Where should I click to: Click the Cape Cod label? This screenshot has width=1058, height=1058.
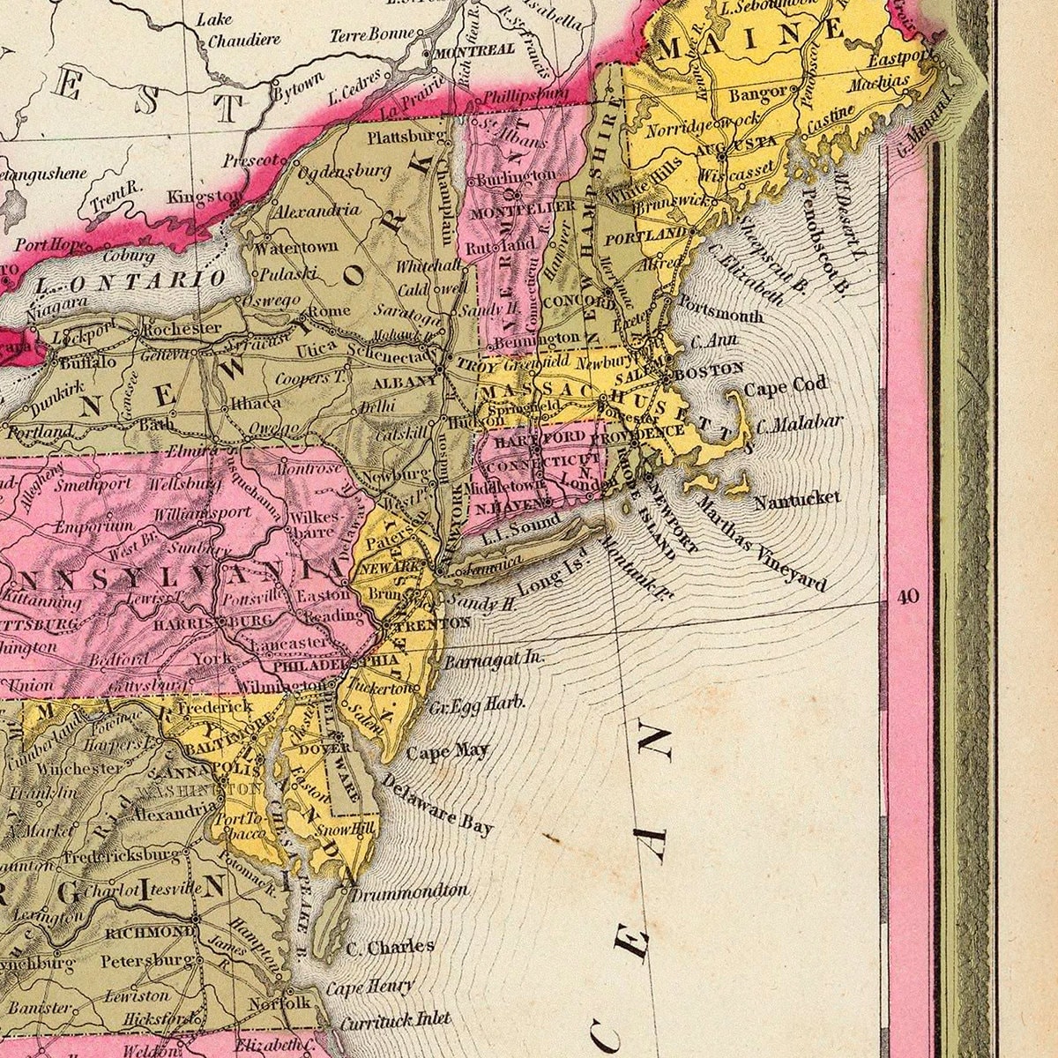pos(786,386)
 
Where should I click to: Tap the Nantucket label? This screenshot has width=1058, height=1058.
pos(797,499)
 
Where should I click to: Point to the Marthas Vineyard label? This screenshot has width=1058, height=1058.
pos(762,543)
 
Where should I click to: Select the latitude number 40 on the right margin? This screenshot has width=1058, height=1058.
pos(908,597)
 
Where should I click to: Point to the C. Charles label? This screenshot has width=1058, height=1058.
pos(390,948)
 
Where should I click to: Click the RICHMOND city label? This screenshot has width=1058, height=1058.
pos(150,932)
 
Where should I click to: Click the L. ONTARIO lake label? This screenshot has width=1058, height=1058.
pos(132,281)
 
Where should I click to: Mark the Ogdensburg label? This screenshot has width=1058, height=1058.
pos(344,170)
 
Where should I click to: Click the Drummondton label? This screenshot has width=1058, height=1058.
pos(409,891)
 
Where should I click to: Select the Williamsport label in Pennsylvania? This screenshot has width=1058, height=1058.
pos(202,513)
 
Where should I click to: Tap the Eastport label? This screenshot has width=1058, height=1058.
pos(900,60)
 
